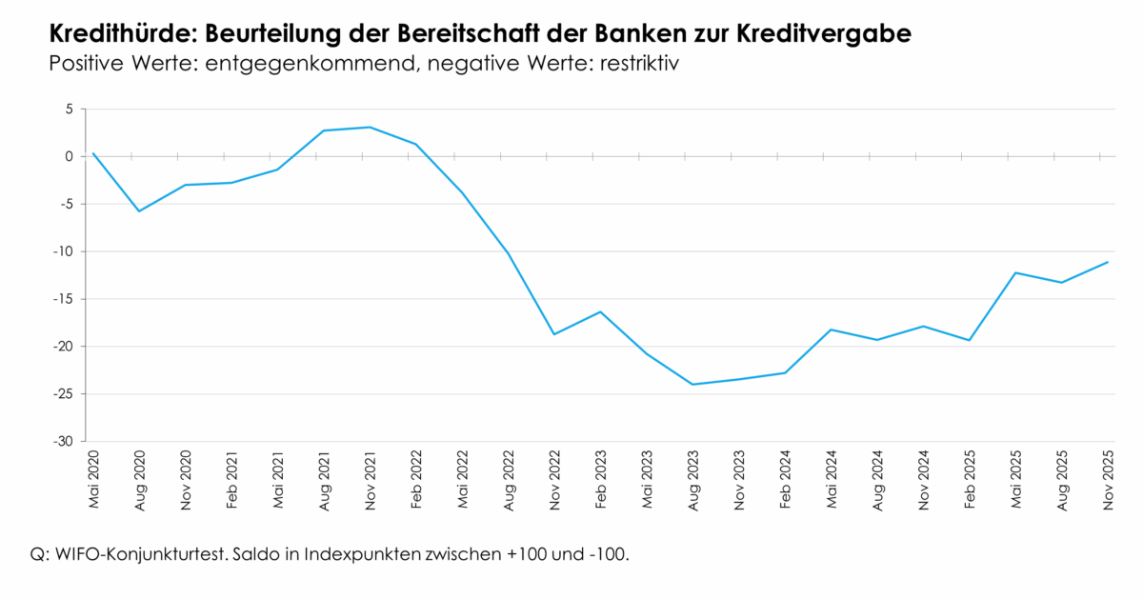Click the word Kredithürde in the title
coord(110,34)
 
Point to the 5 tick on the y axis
coord(69,110)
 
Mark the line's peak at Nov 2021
coord(370,127)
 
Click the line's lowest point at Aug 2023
coord(692,385)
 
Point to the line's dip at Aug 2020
coord(140,210)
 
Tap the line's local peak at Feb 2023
coord(600,311)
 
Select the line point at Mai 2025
coord(1015,272)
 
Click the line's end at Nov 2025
coord(1107,262)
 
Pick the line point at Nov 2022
coord(554,334)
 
